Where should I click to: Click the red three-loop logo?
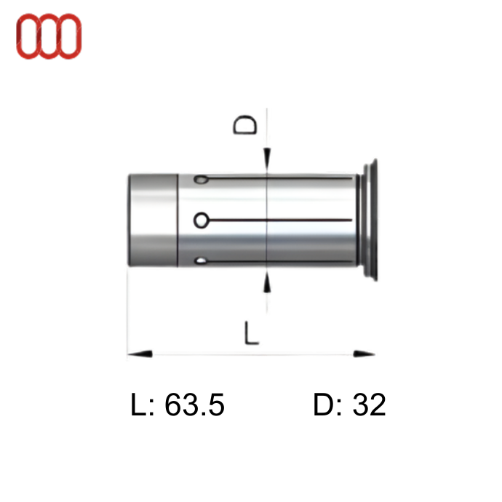(49, 36)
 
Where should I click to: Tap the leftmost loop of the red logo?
(28, 36)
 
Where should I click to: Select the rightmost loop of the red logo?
(69, 36)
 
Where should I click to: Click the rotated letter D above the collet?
(246, 124)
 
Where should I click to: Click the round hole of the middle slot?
(202, 220)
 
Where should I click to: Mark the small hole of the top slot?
(200, 179)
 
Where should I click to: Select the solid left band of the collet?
(154, 220)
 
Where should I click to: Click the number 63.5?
(195, 405)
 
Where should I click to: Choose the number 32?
(369, 405)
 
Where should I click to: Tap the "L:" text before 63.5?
(144, 405)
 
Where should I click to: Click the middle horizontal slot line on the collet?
(284, 220)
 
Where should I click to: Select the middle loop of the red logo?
(49, 36)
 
